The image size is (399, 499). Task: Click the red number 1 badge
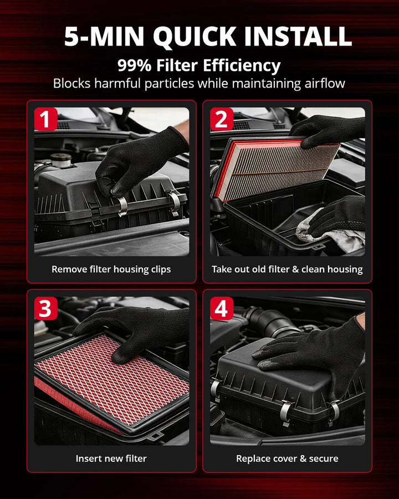46,119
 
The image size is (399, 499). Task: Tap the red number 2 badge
222,119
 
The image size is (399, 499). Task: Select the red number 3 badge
46,308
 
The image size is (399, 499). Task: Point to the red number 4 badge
222,308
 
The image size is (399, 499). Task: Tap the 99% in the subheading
134,65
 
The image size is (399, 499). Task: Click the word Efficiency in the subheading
242,66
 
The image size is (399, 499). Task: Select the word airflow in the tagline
325,83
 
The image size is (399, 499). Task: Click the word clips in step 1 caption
161,269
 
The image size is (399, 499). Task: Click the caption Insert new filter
111,459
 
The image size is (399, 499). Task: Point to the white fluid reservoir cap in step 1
61,160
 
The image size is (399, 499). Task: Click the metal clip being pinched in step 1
121,206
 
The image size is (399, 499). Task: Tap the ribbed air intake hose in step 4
271,322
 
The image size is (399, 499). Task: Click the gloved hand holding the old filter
328,130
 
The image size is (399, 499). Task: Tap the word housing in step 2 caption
347,269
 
